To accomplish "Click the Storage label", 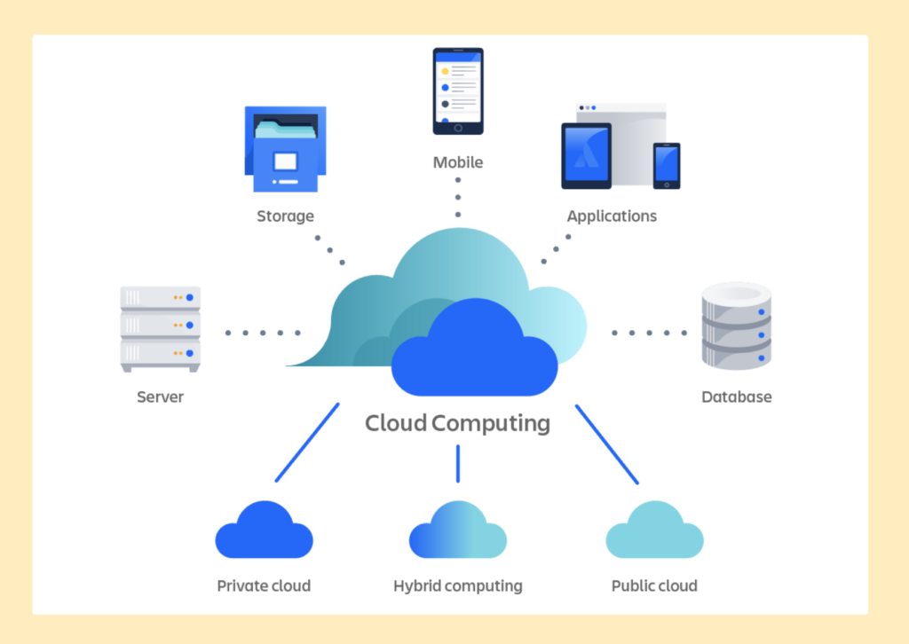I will [x=285, y=216].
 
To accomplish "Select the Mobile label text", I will [x=458, y=162].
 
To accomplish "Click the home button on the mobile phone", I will [x=458, y=127].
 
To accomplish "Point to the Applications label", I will [x=612, y=216].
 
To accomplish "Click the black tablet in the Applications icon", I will [x=586, y=155].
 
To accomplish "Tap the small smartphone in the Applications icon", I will [x=667, y=166].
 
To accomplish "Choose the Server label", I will [x=160, y=397].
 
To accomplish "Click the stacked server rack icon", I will [x=161, y=327].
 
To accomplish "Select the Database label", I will [x=736, y=397].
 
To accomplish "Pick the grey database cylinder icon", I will [x=736, y=325].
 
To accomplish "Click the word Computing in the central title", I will [x=491, y=423].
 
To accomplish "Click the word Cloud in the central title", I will [x=396, y=423].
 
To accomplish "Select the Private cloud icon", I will [x=264, y=531].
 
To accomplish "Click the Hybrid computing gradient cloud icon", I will [x=458, y=531].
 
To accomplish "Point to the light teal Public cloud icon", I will [x=654, y=531].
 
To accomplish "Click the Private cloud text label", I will [x=264, y=585].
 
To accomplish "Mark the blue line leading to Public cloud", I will [x=607, y=444].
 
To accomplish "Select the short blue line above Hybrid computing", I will [x=458, y=463].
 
